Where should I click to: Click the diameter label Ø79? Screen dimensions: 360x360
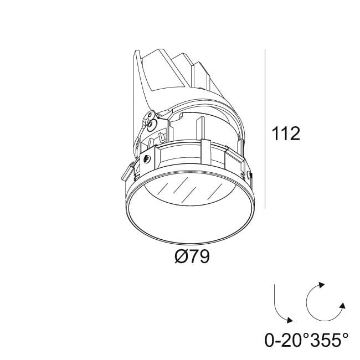pos(191,258)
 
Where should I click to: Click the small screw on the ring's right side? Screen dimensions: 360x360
pos(250,176)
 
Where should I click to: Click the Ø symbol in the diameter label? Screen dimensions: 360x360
pos(178,258)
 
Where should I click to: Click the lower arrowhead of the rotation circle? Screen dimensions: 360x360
pos(343,306)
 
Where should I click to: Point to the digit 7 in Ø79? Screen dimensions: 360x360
pos(192,258)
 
